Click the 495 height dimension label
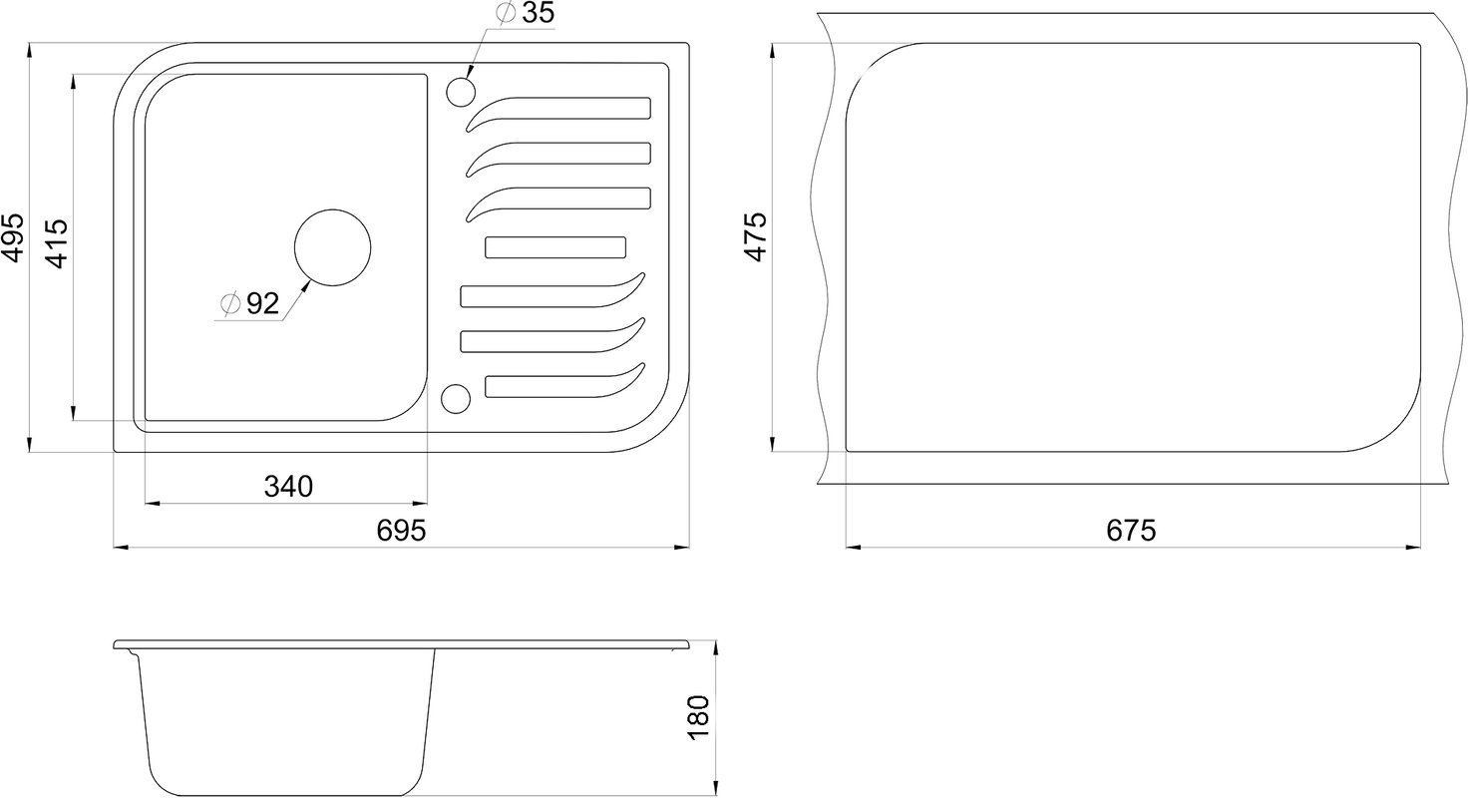14,237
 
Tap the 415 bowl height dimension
57,243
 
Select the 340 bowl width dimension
288,487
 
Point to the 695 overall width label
401,531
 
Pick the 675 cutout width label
1131,531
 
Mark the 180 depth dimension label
698,717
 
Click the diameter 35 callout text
526,13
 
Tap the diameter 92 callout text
250,303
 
